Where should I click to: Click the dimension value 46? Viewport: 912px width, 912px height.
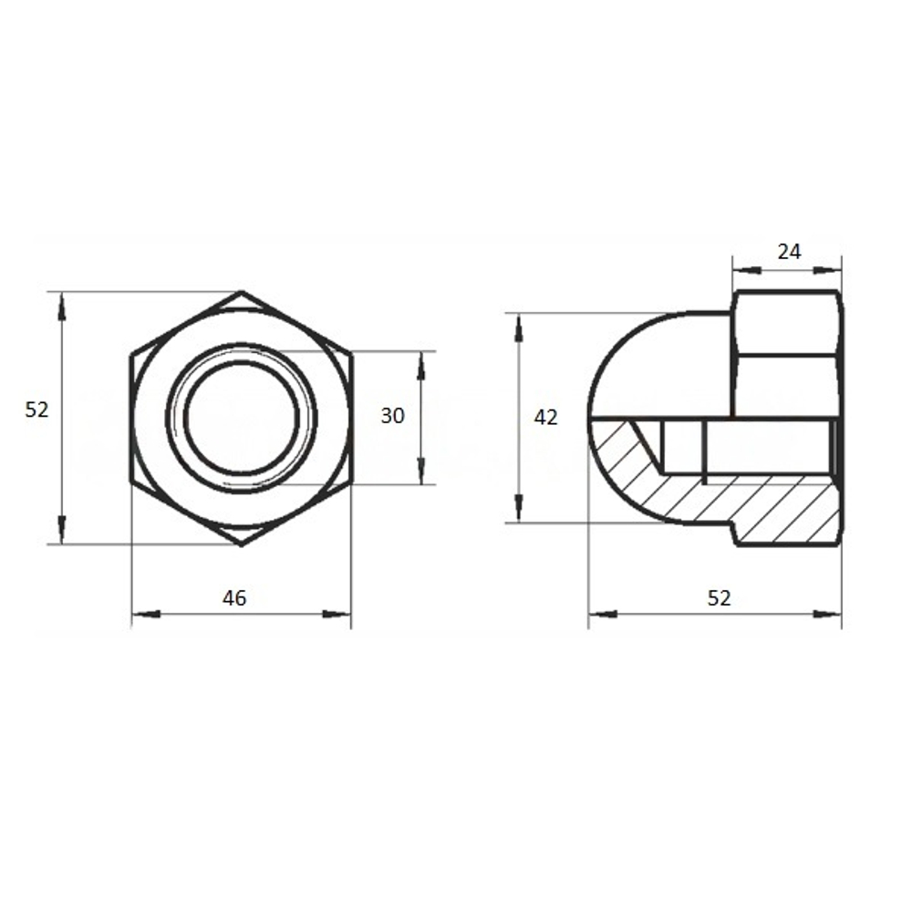(x=234, y=597)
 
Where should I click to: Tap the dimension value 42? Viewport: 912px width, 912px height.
(x=545, y=417)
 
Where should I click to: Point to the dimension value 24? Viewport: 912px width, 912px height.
(x=789, y=252)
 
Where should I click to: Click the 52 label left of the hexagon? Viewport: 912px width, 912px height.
(x=36, y=410)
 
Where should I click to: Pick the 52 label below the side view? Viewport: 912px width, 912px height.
(x=719, y=597)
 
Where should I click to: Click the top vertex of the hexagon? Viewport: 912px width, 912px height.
(x=242, y=292)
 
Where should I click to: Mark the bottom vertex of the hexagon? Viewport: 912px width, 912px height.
(x=242, y=545)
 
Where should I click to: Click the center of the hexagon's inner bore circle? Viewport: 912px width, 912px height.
(x=242, y=417)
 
